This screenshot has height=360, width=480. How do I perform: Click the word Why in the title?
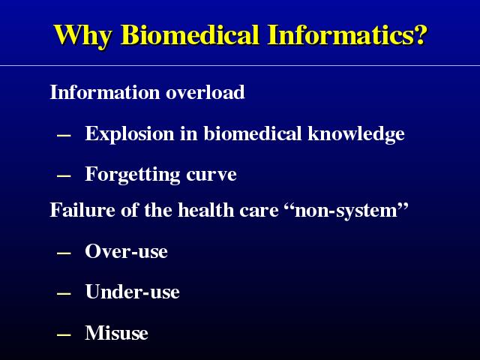[x=82, y=35]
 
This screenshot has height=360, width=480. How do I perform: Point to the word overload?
[x=205, y=91]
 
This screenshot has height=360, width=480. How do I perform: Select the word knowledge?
[x=356, y=133]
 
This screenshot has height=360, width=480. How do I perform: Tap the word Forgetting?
[x=132, y=175]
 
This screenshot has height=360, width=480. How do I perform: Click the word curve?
[x=211, y=175]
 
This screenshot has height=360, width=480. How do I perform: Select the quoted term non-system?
[x=346, y=210]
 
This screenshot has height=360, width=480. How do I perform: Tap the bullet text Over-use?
[x=126, y=251]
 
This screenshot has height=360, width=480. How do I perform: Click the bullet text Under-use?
[x=132, y=291]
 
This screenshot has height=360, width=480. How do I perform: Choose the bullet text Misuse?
[x=117, y=332]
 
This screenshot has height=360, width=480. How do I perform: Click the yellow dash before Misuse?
[x=64, y=334]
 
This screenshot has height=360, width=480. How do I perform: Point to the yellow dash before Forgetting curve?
[x=64, y=176]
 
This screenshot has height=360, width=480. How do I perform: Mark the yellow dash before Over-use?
[x=64, y=253]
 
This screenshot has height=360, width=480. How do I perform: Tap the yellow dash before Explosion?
[x=64, y=135]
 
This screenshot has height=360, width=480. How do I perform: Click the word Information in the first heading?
[x=105, y=91]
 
